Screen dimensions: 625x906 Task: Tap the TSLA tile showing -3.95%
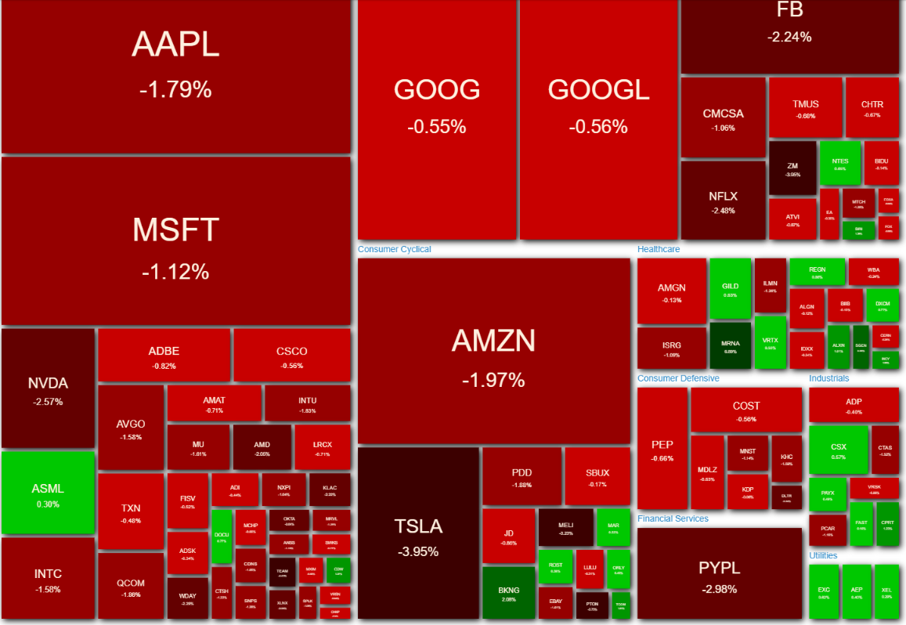[418, 534]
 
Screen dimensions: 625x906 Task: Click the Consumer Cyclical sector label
[394, 249]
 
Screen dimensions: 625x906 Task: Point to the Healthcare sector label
[659, 249]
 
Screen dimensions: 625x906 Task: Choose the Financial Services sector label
[673, 518]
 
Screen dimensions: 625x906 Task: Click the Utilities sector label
[823, 555]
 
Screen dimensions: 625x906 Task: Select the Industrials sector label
[828, 378]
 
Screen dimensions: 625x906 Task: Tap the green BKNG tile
[508, 591]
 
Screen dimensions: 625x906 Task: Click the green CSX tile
[838, 450]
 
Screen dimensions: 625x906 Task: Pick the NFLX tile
[723, 200]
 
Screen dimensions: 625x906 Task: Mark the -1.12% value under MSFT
[175, 272]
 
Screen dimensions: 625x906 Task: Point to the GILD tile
[730, 288]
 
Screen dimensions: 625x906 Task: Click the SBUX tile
[597, 476]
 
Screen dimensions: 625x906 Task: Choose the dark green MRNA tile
[730, 345]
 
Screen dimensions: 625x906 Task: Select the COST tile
[745, 410]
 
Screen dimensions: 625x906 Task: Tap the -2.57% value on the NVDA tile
[48, 402]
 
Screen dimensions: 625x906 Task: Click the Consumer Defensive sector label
[678, 378]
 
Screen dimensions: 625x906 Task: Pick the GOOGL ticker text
[598, 90]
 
